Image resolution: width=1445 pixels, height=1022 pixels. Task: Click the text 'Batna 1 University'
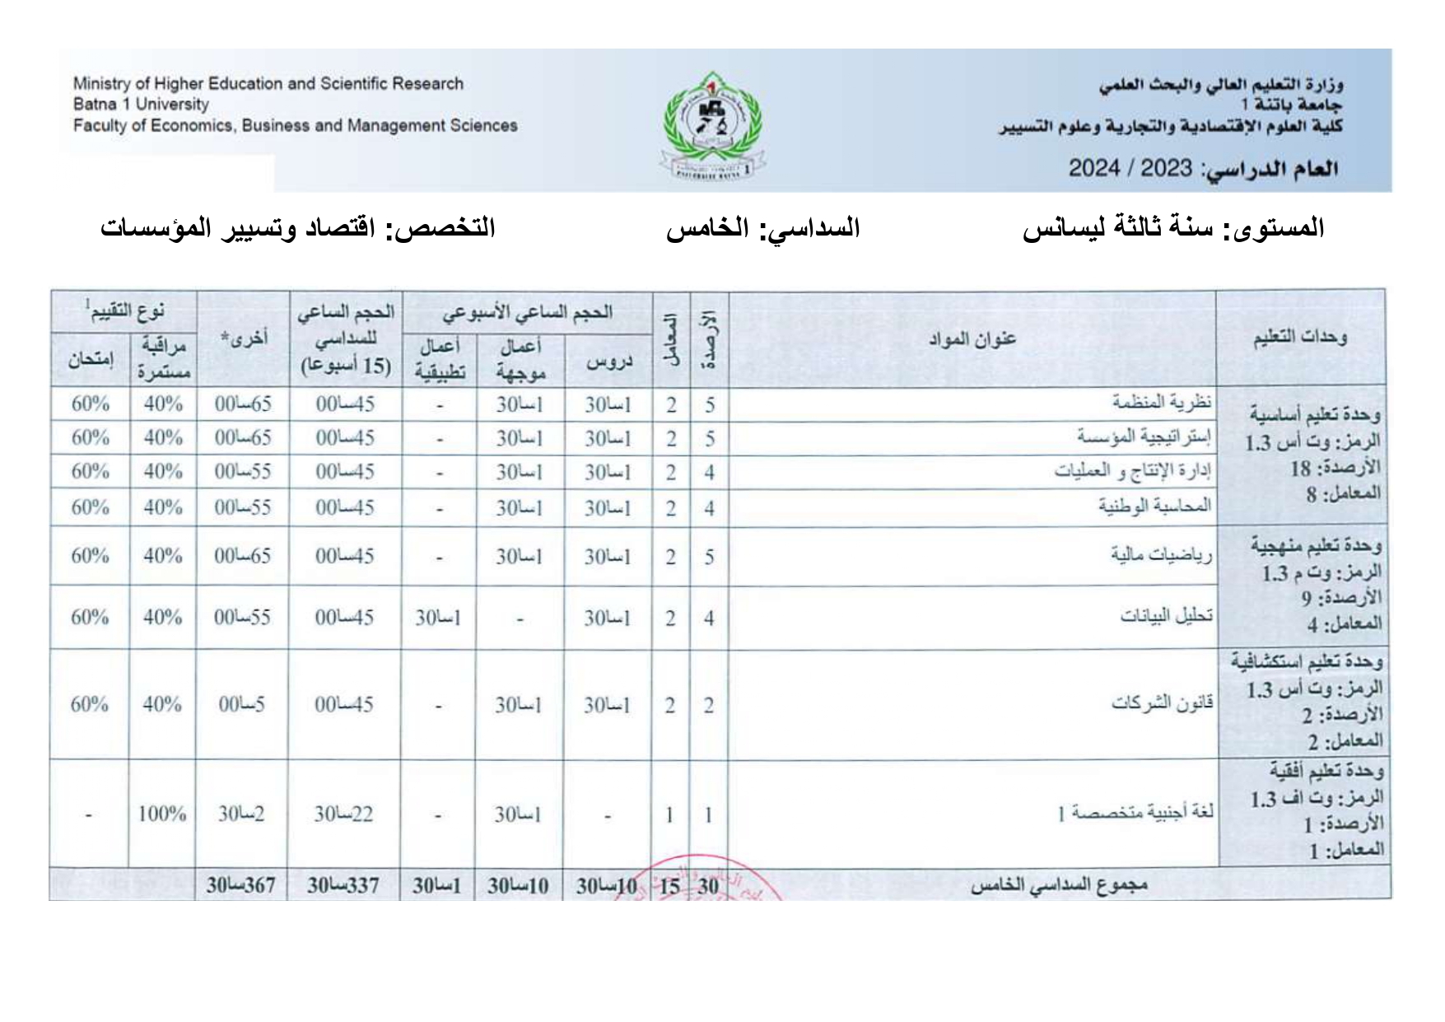pos(141,105)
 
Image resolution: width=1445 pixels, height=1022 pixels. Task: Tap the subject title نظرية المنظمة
pos(1162,403)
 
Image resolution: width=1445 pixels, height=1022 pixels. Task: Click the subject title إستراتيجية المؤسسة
pos(1144,436)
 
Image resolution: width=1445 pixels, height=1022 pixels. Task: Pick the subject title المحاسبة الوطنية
pos(1154,506)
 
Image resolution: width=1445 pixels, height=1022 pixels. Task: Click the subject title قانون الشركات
pos(1163,704)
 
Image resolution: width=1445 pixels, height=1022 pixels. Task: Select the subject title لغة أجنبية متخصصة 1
pos(1135,814)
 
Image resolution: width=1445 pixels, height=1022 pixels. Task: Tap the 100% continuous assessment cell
pos(162,814)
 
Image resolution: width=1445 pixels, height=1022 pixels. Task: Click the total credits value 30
pos(708,886)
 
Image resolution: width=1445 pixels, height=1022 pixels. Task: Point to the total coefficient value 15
pos(670,886)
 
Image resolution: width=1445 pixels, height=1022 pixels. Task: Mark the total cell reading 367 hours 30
pos(241,886)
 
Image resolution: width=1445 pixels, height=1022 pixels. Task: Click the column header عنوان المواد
pos(972,339)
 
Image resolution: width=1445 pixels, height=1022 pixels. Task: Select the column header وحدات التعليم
pos(1300,338)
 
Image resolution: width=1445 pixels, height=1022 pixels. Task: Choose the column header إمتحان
pos(91,361)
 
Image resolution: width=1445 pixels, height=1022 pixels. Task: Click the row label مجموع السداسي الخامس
pos(1058,886)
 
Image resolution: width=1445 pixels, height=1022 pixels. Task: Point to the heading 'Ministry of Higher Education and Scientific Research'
pos(268,83)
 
